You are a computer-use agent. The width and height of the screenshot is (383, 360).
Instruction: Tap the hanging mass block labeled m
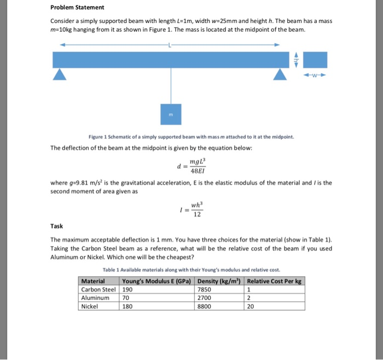(171, 114)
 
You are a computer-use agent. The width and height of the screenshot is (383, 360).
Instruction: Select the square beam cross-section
(315, 60)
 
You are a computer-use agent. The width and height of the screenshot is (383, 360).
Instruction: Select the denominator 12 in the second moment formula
(198, 214)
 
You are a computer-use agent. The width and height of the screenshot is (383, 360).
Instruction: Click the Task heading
(56, 225)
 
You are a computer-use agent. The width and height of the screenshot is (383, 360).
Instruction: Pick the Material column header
(93, 281)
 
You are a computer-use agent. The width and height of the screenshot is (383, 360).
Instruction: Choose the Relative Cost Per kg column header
(274, 281)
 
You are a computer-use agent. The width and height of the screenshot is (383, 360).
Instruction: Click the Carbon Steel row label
(98, 289)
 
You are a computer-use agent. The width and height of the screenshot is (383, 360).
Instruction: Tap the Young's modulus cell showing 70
(127, 298)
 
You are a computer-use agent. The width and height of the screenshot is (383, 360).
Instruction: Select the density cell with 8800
(204, 306)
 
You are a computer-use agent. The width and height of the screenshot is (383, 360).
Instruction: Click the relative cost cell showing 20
(251, 306)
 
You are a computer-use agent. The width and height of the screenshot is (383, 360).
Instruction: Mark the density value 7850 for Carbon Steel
(204, 289)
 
